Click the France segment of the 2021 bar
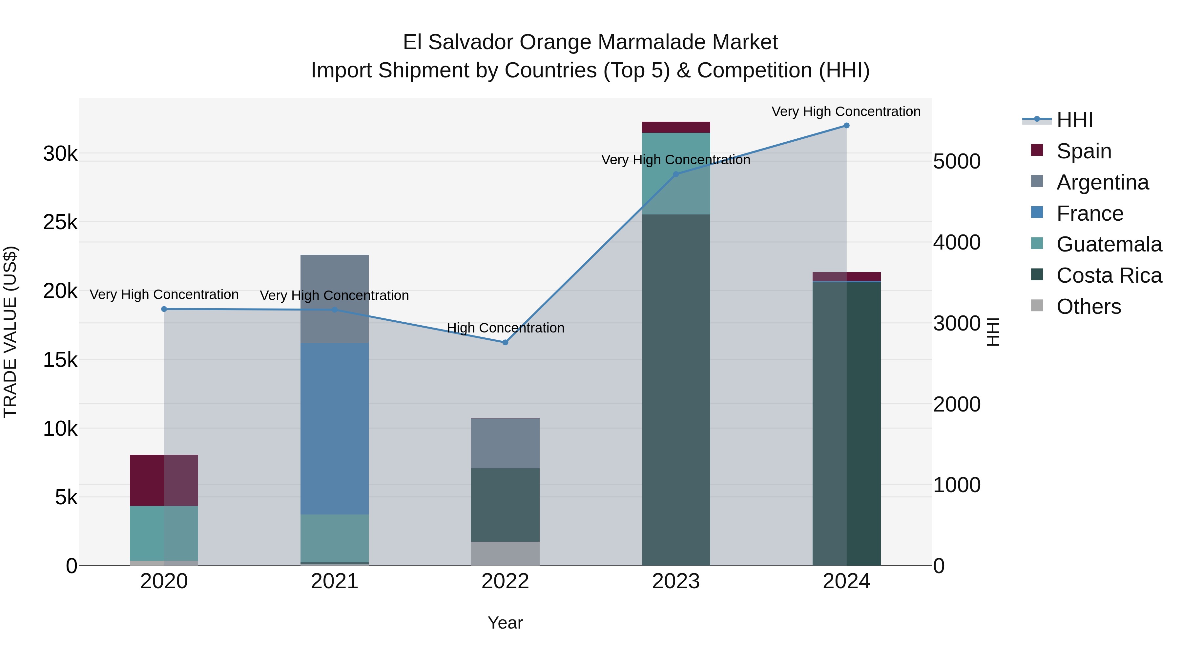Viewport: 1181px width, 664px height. (x=334, y=429)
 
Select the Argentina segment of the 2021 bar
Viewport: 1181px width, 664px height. (x=334, y=299)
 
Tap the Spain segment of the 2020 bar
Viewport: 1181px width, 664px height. (x=164, y=480)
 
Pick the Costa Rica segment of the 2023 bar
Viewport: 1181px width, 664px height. (x=676, y=390)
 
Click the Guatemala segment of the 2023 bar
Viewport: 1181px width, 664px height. (x=676, y=173)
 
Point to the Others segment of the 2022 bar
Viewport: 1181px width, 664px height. (x=505, y=553)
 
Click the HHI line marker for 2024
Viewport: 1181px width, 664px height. (x=846, y=126)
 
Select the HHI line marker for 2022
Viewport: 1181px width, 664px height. (x=505, y=342)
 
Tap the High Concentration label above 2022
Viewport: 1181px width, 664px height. (x=505, y=328)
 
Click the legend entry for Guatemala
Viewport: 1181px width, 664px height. (x=1108, y=244)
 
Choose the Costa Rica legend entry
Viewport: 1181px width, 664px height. (x=1108, y=275)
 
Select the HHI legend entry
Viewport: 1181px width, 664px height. (x=1074, y=120)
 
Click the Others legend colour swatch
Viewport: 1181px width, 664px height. (x=1037, y=306)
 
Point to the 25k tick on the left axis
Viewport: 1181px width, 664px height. (x=60, y=222)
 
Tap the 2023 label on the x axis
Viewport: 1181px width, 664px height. (x=676, y=581)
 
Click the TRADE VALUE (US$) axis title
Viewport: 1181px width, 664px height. (x=10, y=332)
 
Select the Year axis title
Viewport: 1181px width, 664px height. (x=505, y=623)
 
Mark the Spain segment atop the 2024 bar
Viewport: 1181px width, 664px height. (x=846, y=276)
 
